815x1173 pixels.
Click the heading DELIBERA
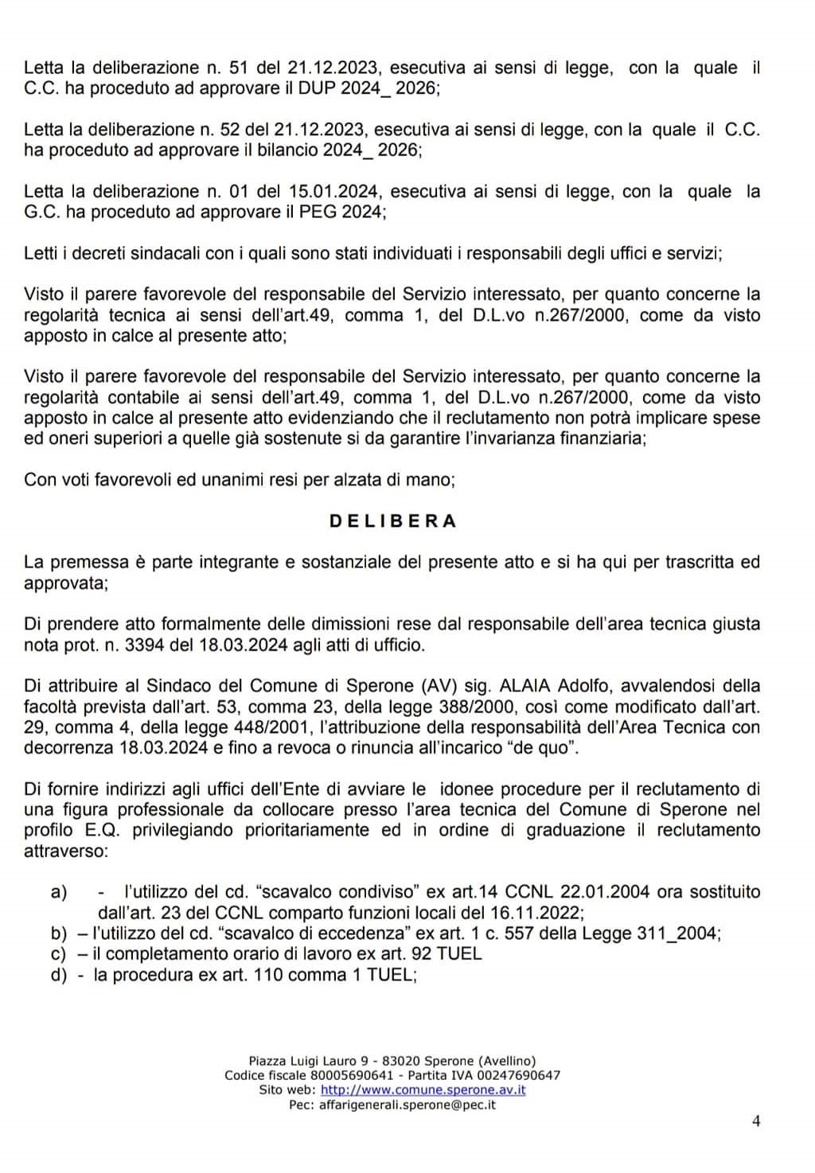pyautogui.click(x=392, y=521)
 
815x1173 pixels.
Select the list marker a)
pyautogui.click(x=59, y=892)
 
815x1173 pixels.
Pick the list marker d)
pyautogui.click(x=59, y=975)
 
